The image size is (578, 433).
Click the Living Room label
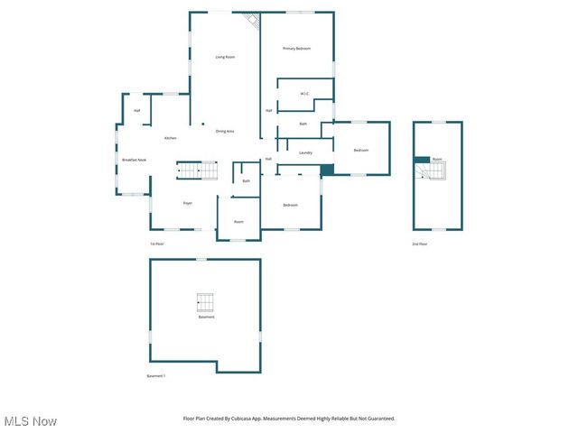click(226, 57)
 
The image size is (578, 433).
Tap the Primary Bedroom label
click(296, 48)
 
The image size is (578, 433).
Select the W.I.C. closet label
click(305, 93)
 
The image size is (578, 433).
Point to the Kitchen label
click(170, 138)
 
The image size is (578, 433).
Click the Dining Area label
click(225, 132)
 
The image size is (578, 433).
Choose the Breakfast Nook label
click(135, 160)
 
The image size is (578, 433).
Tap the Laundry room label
click(305, 152)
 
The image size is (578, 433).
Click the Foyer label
click(188, 203)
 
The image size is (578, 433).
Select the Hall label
click(268, 160)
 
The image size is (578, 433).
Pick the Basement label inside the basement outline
click(207, 317)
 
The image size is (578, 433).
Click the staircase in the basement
click(206, 302)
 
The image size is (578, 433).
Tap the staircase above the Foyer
click(197, 170)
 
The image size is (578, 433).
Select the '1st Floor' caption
click(157, 244)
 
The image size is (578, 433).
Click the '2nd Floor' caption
click(419, 244)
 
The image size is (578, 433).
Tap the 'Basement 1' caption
click(156, 376)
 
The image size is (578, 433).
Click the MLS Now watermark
click(31, 421)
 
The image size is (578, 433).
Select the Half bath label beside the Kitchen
click(137, 110)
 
